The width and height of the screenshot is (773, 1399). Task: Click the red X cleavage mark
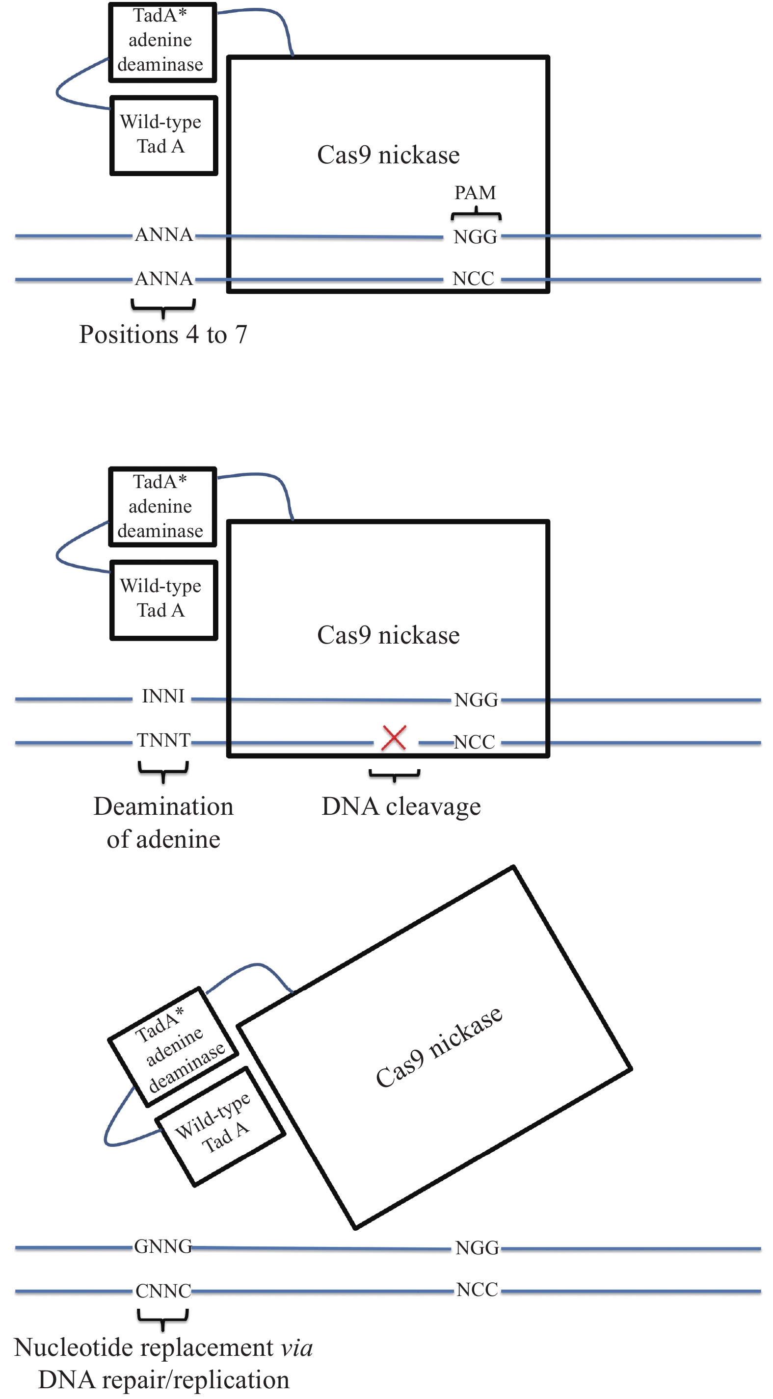click(394, 738)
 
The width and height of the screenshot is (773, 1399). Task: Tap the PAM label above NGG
click(475, 193)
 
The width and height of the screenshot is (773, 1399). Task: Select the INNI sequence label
click(163, 696)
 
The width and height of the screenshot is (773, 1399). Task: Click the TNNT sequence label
click(163, 740)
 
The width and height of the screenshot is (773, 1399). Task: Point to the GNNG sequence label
click(163, 1246)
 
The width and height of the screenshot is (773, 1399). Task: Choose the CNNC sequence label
click(163, 1291)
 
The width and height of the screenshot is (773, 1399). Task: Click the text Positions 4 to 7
click(163, 335)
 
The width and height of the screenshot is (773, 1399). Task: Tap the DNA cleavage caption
click(401, 806)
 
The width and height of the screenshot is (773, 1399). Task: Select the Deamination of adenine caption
click(163, 823)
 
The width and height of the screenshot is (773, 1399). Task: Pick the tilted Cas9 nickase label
click(439, 1047)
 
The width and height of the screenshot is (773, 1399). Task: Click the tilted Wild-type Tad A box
click(220, 1126)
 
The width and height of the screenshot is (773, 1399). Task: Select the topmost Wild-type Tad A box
click(163, 135)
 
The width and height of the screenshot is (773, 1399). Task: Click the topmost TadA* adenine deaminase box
click(162, 42)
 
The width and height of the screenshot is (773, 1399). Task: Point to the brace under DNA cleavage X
click(395, 775)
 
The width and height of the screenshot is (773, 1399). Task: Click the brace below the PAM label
click(476, 214)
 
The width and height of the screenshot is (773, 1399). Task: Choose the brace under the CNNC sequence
click(163, 1318)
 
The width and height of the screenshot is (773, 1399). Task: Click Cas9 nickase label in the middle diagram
click(388, 635)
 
